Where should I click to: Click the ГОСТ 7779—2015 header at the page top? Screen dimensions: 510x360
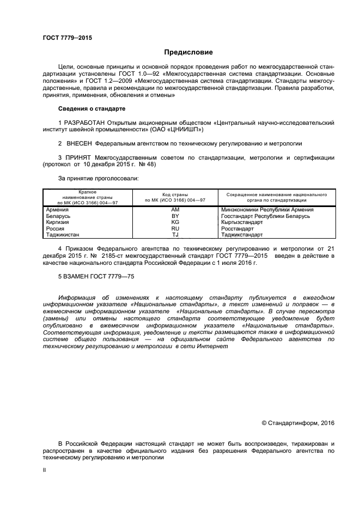[67, 38]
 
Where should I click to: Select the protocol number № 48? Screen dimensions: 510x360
[149, 165]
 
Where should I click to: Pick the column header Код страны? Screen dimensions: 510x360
[175, 195]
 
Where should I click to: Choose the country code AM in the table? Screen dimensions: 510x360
[175, 210]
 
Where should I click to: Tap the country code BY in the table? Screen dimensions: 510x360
[175, 216]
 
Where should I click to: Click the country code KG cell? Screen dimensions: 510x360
[175, 222]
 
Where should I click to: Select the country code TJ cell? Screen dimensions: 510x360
[175, 235]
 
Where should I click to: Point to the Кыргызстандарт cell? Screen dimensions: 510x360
[244, 222]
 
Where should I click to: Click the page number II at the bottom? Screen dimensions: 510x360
[44, 468]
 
